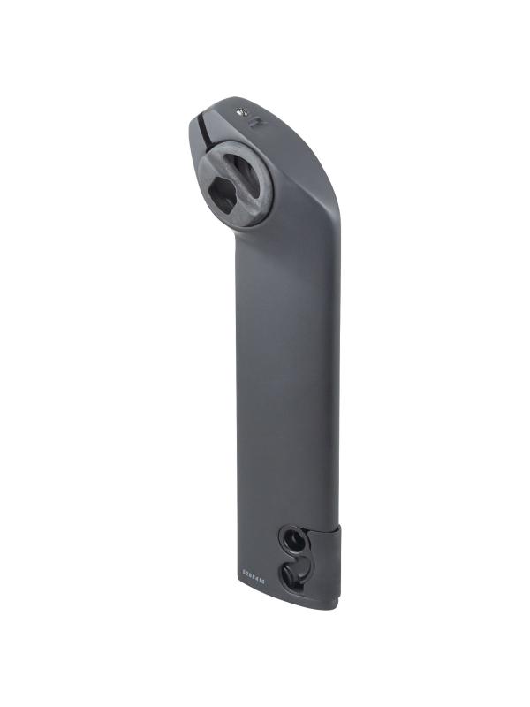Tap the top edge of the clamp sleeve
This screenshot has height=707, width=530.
point(335,528)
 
